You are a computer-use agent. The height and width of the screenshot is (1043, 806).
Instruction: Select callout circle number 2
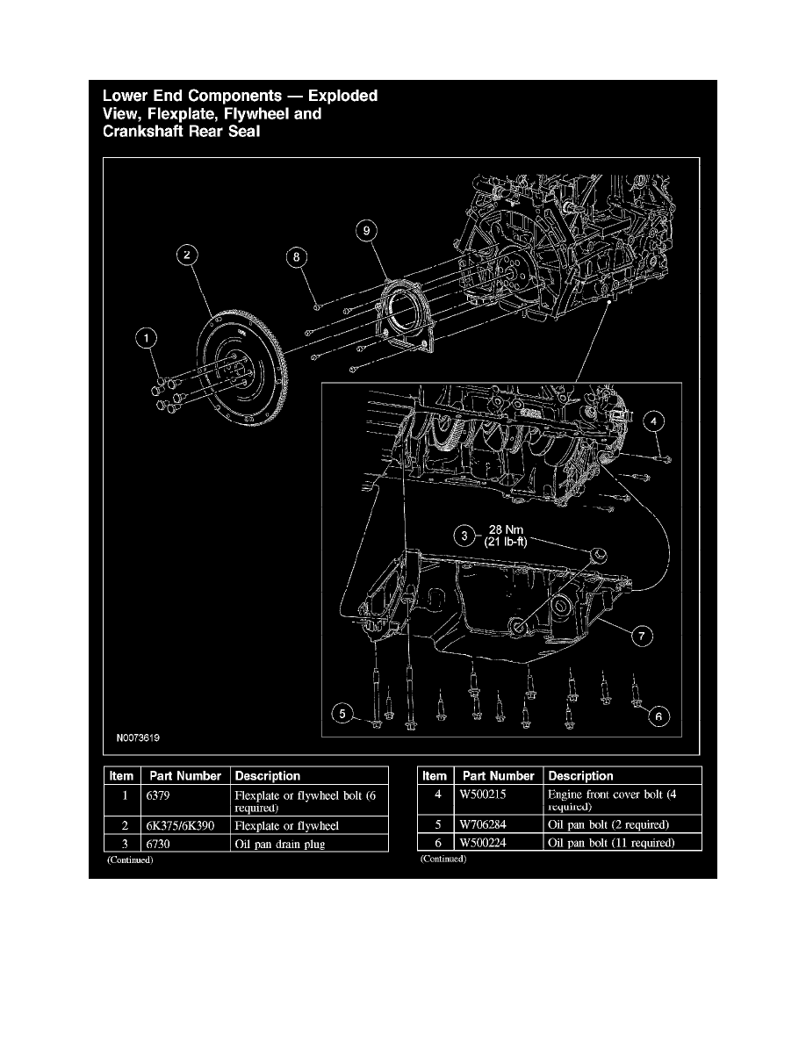click(x=187, y=255)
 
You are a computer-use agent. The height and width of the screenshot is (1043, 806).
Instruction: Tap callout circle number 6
click(x=658, y=716)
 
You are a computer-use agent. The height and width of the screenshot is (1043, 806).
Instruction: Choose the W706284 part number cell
click(x=485, y=825)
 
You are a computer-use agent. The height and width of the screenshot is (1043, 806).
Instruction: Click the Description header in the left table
click(x=268, y=776)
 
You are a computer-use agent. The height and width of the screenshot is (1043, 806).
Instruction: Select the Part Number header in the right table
click(x=498, y=776)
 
